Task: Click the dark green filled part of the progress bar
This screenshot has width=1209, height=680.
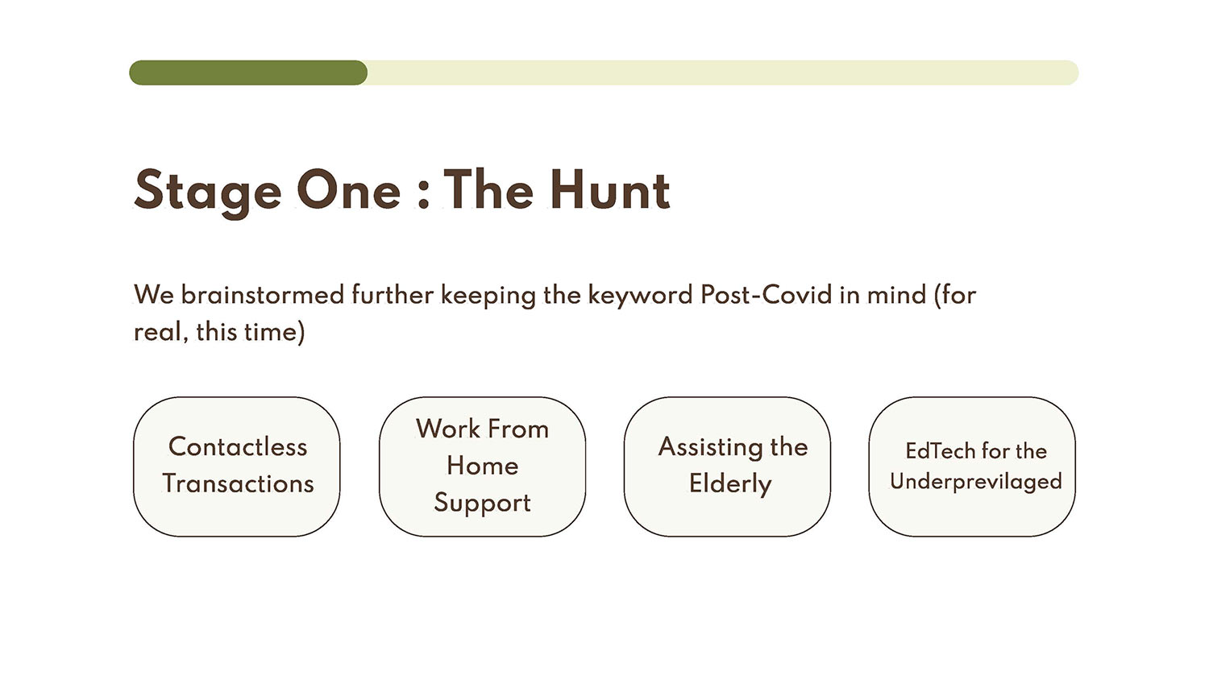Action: pos(248,73)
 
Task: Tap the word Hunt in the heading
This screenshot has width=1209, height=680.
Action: pos(610,190)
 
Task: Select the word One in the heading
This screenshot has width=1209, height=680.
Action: pos(348,190)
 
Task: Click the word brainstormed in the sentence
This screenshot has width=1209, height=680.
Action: pos(262,295)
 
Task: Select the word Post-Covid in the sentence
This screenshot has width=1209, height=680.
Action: pos(766,295)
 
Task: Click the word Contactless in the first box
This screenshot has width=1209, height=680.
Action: pos(238,447)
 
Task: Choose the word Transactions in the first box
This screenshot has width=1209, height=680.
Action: pos(238,483)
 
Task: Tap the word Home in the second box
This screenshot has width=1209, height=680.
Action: pos(483,465)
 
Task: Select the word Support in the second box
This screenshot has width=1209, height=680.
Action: pos(483,504)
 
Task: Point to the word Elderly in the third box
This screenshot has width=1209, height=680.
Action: pos(730,484)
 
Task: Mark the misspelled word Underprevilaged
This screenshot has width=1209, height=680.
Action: pos(976,482)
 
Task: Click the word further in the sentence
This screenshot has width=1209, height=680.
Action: pos(393,295)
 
